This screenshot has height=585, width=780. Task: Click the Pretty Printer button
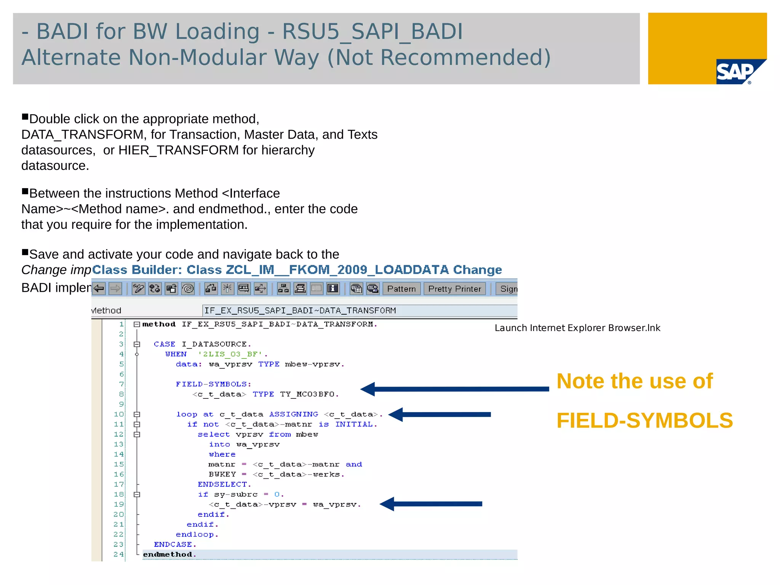pyautogui.click(x=454, y=289)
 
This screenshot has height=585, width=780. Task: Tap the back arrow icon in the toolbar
pyautogui.click(x=99, y=289)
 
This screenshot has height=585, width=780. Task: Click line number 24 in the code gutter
pyautogui.click(x=118, y=554)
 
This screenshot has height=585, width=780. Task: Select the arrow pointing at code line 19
pyautogui.click(x=430, y=504)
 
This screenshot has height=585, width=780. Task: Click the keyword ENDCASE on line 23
pyautogui.click(x=174, y=545)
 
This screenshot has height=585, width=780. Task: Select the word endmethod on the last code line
pyautogui.click(x=168, y=555)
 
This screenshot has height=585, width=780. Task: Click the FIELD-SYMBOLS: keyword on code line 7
pyautogui.click(x=213, y=384)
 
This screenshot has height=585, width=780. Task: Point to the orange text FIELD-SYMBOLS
pyautogui.click(x=644, y=420)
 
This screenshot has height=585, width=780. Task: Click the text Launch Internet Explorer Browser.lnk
pyautogui.click(x=577, y=328)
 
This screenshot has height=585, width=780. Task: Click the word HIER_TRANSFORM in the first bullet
pyautogui.click(x=178, y=150)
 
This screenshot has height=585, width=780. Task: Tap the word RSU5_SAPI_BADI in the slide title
pyautogui.click(x=372, y=31)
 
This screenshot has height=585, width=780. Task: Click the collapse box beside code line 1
pyautogui.click(x=137, y=324)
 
